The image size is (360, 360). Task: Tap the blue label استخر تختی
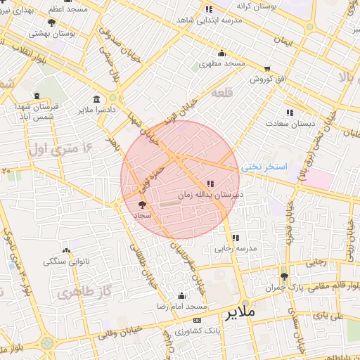pos(264,167)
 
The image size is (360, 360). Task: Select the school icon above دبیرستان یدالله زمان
pos(210,184)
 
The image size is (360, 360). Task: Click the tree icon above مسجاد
pos(143,204)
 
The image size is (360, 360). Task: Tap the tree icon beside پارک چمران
pos(284,277)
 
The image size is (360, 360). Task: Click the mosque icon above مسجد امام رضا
pos(182,296)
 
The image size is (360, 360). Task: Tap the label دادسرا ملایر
pos(96,110)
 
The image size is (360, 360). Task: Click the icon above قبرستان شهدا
pos(37,96)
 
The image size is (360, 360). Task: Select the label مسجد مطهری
pos(221,63)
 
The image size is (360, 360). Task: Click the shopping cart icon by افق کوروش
pos(267,69)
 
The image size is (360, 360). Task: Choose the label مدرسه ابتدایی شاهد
pos(210,20)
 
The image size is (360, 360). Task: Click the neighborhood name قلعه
pos(222,93)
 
